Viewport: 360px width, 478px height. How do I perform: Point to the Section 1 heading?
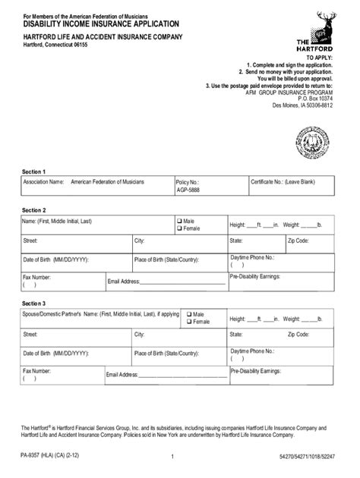[x=34, y=171]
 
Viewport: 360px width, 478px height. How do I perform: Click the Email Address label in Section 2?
[x=124, y=282]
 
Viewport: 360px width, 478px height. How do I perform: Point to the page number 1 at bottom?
[x=173, y=456]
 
